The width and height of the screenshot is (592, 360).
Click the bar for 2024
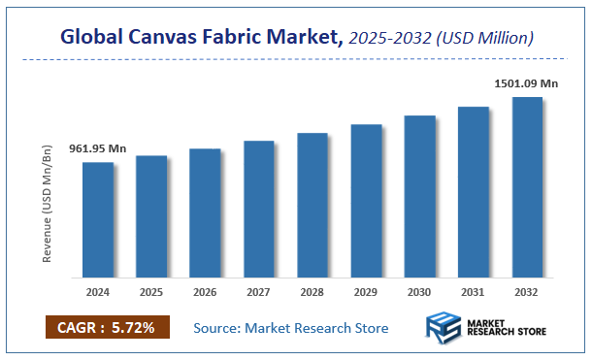click(97, 218)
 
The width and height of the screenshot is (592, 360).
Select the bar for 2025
click(150, 215)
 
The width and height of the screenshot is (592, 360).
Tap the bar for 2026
click(205, 212)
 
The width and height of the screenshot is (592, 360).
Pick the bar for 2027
click(258, 208)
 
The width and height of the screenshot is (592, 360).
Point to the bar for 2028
click(312, 204)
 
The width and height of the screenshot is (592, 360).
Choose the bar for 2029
click(366, 200)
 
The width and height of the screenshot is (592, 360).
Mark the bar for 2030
click(419, 195)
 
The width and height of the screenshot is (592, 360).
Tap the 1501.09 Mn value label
click(527, 84)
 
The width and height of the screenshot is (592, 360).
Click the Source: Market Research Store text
click(291, 328)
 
